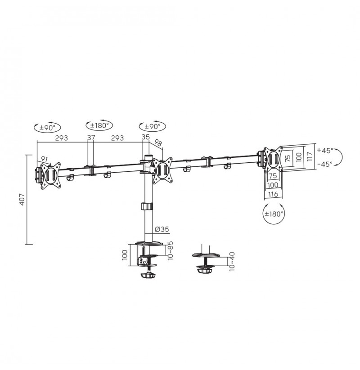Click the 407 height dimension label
click(22, 200)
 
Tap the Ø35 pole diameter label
click(162, 229)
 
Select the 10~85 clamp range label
click(170, 250)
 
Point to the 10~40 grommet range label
click(232, 262)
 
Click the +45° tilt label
click(325, 150)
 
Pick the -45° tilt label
click(325, 164)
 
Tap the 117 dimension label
click(310, 156)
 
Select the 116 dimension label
click(273, 194)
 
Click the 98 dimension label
click(158, 143)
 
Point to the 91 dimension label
click(45, 159)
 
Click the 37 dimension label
click(91, 138)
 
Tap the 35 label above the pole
click(146, 137)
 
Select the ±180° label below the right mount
click(274, 214)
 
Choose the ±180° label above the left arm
click(99, 125)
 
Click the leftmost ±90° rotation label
click(47, 128)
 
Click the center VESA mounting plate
click(162, 170)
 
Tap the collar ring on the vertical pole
click(147, 206)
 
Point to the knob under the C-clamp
click(148, 276)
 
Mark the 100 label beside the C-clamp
click(125, 255)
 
